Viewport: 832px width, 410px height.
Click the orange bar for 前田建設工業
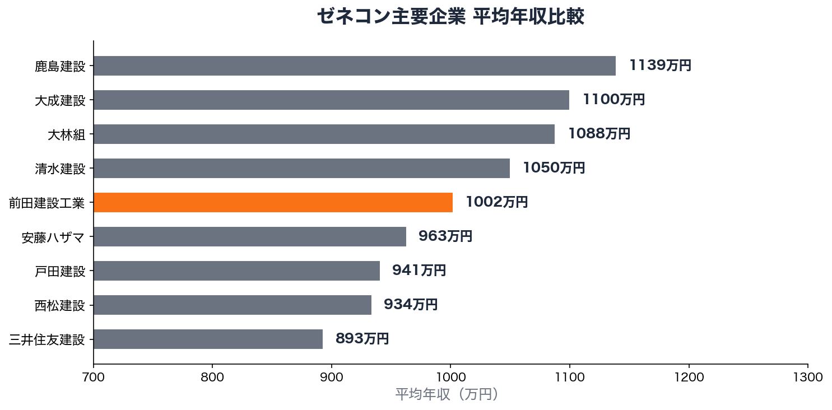click(x=273, y=202)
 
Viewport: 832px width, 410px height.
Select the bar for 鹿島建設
click(x=354, y=66)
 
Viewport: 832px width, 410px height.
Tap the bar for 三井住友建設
click(x=208, y=339)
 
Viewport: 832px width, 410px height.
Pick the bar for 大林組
click(x=324, y=134)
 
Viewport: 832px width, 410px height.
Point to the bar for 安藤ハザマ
click(x=249, y=236)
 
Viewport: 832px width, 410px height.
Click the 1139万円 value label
click(x=660, y=66)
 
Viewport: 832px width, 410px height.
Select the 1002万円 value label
click(x=496, y=202)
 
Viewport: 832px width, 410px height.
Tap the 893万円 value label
click(x=362, y=339)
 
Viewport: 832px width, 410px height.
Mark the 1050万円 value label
click(x=554, y=168)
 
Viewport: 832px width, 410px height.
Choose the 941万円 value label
click(x=419, y=271)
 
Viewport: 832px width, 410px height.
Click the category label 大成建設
click(x=60, y=100)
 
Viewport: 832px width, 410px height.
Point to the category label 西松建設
click(x=60, y=305)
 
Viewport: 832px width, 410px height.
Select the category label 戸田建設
click(x=60, y=271)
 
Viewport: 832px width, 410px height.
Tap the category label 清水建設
click(x=60, y=169)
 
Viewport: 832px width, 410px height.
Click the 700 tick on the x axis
click(x=94, y=377)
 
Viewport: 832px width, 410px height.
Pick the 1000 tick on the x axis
click(x=450, y=377)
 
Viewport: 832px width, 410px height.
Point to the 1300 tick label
click(x=807, y=377)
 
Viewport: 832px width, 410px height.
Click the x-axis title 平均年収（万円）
click(x=447, y=394)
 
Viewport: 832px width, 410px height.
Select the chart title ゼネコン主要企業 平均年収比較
click(x=450, y=17)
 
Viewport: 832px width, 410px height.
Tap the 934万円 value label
click(x=410, y=305)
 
